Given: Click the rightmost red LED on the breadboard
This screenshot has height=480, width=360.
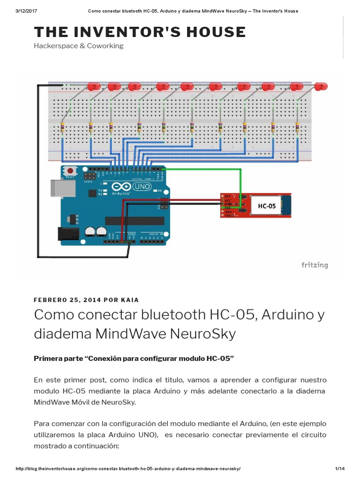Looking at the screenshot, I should (x=321, y=86).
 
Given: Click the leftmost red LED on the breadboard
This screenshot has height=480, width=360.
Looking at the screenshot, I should (x=94, y=86).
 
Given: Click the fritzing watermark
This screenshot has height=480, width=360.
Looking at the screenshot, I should (x=315, y=265).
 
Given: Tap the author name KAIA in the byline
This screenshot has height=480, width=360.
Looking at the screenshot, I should (x=130, y=300).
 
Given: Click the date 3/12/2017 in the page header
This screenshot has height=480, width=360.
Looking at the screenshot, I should (x=26, y=11).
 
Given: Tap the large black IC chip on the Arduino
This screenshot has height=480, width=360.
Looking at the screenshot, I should (x=128, y=220).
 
